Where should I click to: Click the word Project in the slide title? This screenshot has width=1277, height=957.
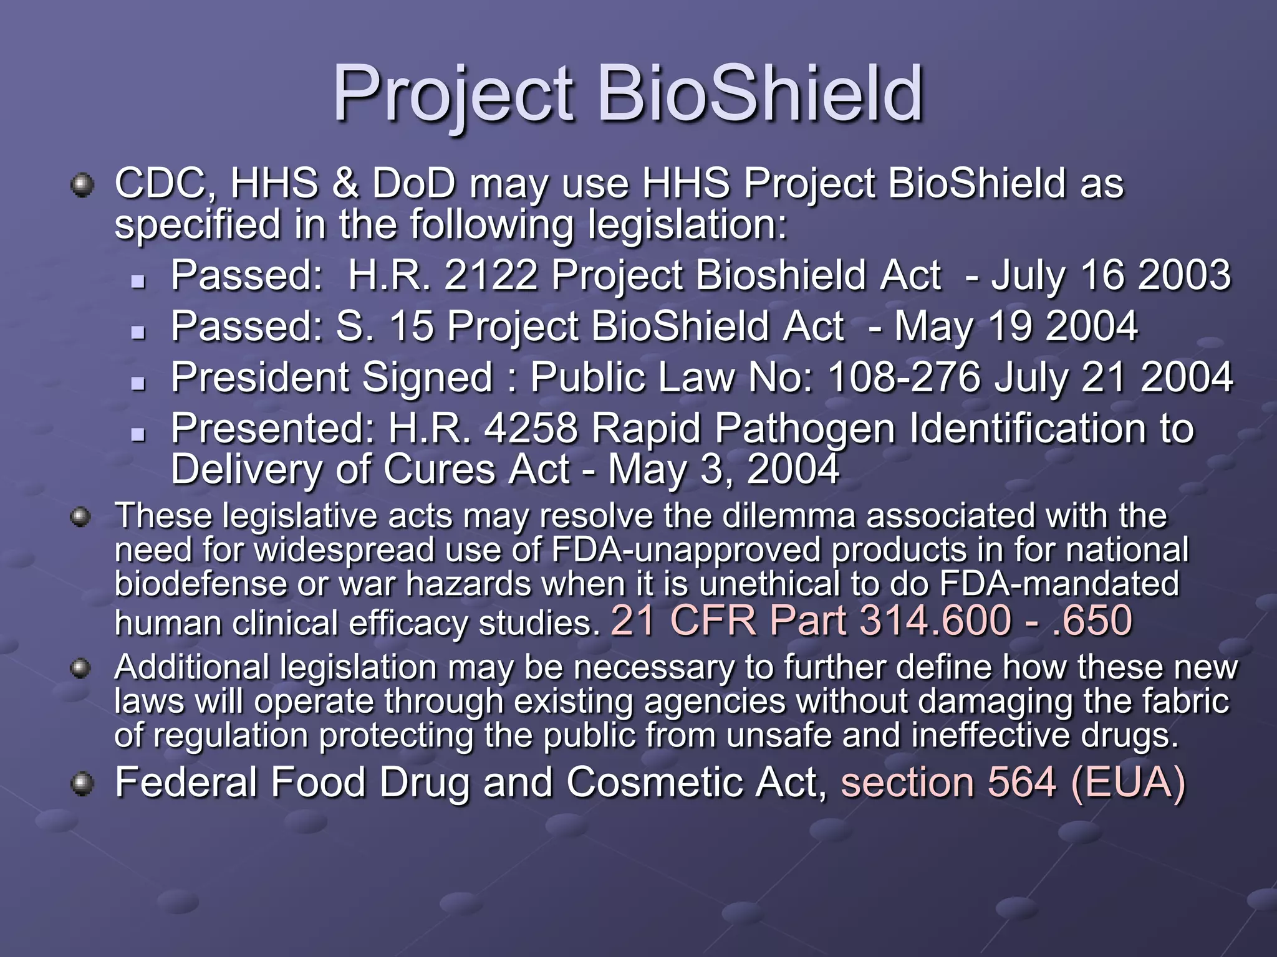click(453, 95)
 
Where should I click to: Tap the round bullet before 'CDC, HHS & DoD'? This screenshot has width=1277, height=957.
click(82, 186)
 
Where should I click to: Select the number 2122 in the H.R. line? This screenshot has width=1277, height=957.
click(491, 275)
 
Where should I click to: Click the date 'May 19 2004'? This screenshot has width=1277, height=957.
click(1016, 326)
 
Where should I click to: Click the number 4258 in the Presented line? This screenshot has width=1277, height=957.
click(531, 428)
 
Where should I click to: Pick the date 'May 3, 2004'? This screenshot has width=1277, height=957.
click(723, 469)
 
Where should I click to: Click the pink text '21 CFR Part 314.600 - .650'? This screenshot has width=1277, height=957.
click(871, 620)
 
